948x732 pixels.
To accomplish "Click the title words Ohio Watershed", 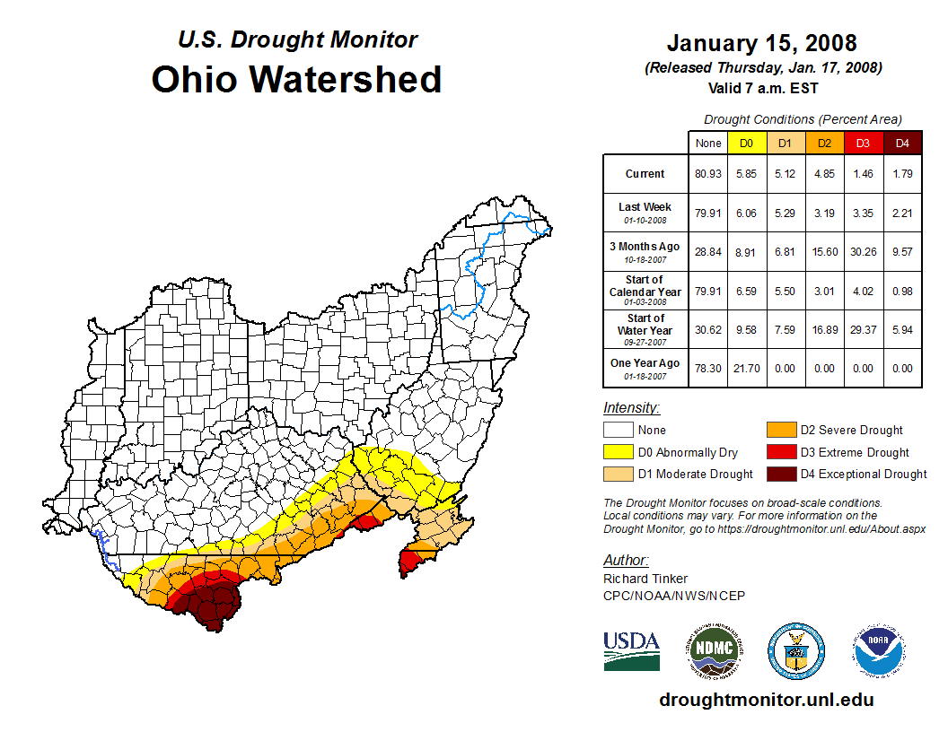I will tap(296, 79).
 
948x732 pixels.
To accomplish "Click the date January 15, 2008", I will tap(761, 43).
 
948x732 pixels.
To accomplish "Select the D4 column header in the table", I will tap(902, 143).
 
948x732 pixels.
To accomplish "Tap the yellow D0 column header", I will tap(746, 143).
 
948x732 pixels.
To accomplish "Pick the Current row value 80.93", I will tap(707, 174).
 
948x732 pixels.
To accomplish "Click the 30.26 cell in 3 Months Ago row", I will tap(863, 252).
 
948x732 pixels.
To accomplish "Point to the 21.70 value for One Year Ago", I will tap(746, 368).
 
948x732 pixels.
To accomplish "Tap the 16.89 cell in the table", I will tap(824, 329).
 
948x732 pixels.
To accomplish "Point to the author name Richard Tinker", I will tap(645, 579).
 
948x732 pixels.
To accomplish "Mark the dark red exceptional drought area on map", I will tap(214, 604).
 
